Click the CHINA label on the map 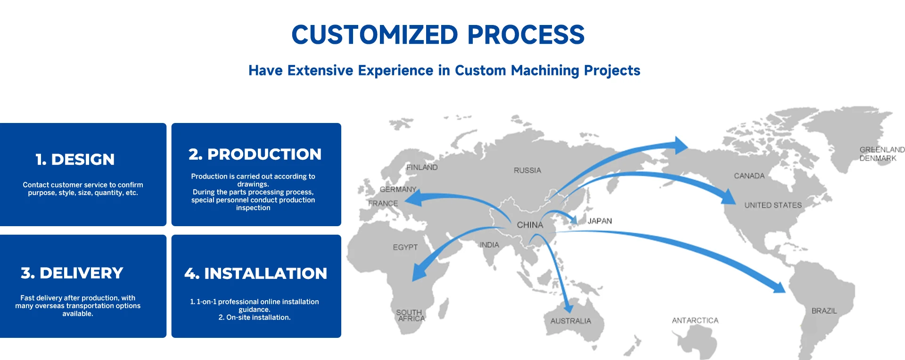point(530,225)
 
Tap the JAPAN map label point(600,221)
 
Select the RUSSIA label point(527,170)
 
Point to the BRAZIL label point(824,311)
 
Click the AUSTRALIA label point(570,321)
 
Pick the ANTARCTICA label point(695,320)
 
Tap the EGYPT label point(405,247)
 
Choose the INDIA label point(489,245)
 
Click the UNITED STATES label point(773,205)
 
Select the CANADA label point(749,176)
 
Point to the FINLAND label point(422,167)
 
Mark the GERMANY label point(398,189)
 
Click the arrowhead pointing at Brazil point(777,286)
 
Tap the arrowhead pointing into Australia point(569,307)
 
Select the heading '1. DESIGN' point(75,159)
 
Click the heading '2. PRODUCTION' point(255,154)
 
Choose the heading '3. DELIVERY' point(72,273)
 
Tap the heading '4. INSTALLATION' point(255,273)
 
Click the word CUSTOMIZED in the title point(375,34)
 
